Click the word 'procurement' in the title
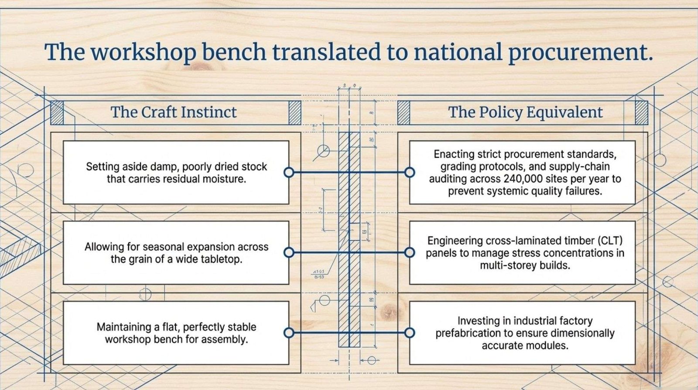(580, 52)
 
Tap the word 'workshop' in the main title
(144, 52)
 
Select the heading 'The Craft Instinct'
(174, 112)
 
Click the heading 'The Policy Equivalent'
(525, 112)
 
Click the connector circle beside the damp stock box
(289, 172)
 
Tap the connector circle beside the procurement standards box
(410, 172)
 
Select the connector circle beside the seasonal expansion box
(289, 252)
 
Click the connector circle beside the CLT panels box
(410, 252)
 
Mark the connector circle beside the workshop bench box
(289, 333)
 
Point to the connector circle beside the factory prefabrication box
(410, 333)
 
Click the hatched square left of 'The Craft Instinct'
(57, 113)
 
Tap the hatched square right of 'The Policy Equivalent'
(641, 113)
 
